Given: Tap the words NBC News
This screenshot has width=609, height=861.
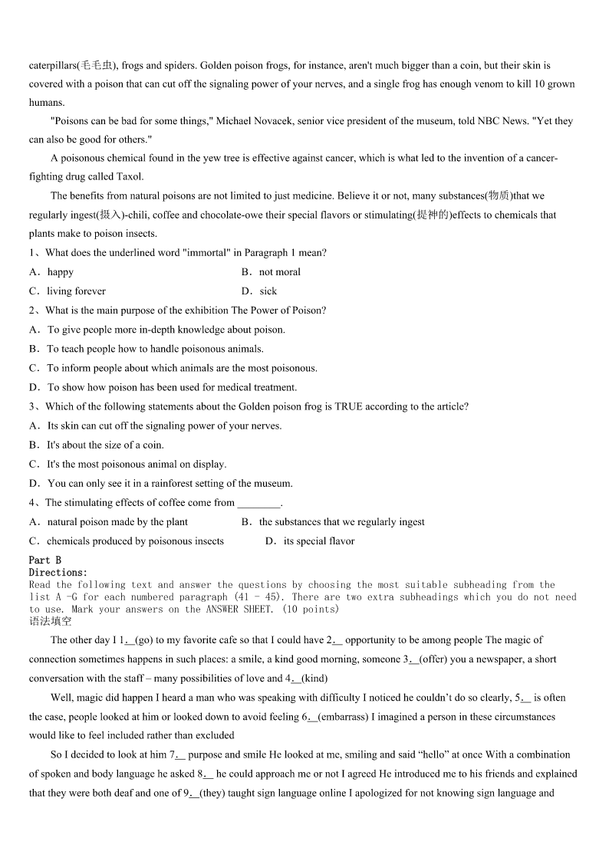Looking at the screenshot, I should [499, 121].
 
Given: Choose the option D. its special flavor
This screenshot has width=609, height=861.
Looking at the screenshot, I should [310, 541].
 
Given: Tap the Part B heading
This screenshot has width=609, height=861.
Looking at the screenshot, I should [45, 560].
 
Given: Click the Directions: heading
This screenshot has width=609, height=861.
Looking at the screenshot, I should [58, 573].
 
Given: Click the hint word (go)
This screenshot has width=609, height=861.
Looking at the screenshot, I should [145, 640].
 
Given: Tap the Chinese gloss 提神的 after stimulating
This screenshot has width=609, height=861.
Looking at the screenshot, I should [433, 215].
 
